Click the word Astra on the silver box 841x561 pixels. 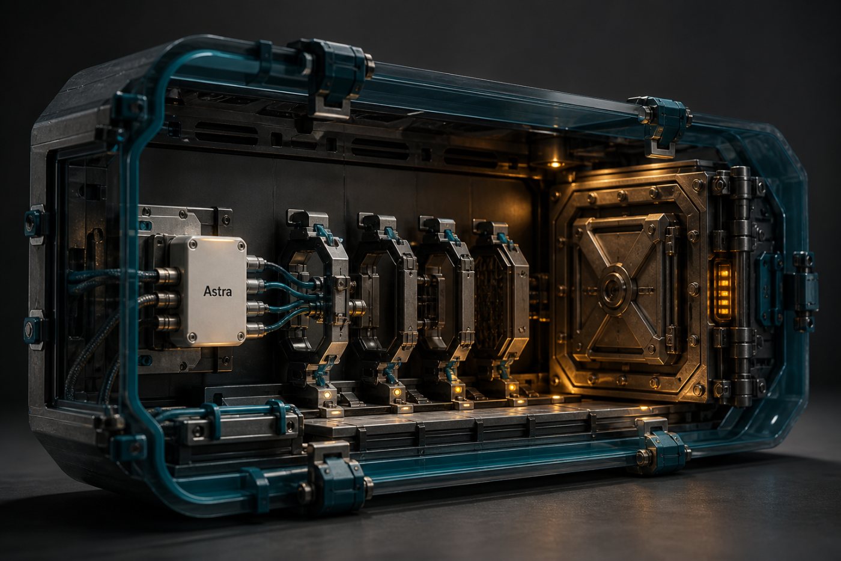click(x=217, y=291)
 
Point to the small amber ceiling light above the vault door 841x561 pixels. click(x=555, y=164)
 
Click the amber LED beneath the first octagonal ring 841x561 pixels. click(x=327, y=394)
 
